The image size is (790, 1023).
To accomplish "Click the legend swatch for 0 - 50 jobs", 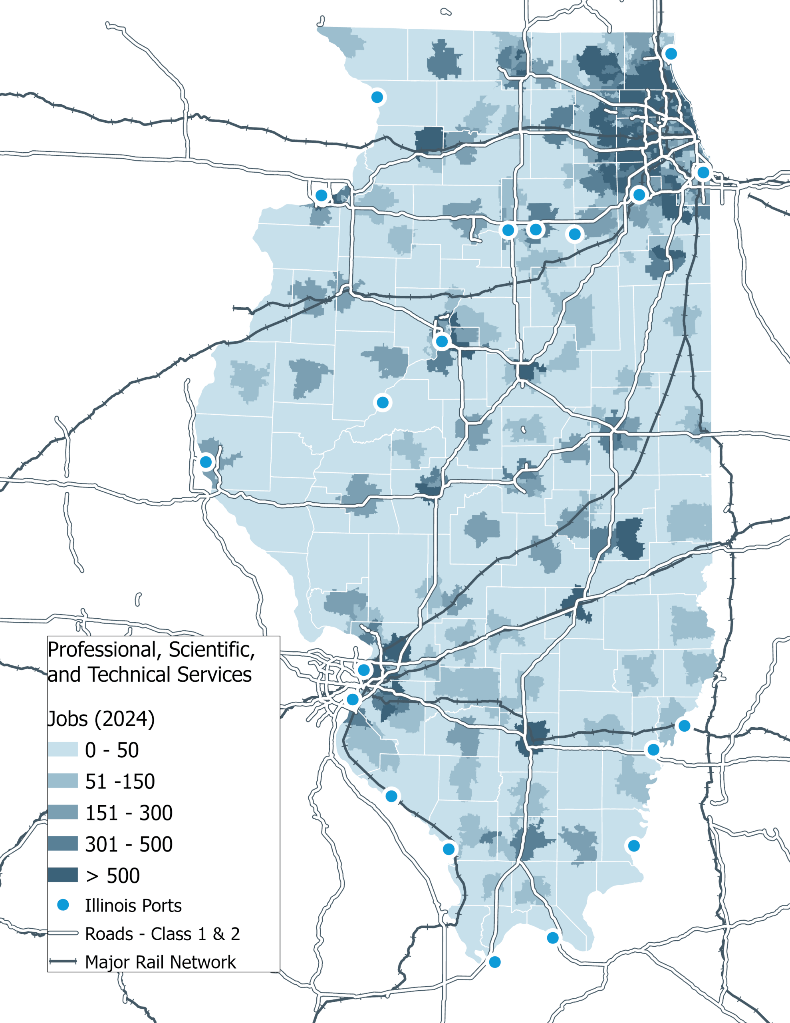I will [x=63, y=749].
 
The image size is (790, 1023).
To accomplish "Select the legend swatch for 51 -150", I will [x=63, y=781].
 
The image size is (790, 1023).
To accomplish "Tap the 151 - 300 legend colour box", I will [x=63, y=812].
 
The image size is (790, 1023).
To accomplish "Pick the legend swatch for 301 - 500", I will [x=63, y=844].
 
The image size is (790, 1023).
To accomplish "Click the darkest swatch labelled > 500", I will [x=63, y=875].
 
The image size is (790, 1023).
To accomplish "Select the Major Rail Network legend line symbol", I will [x=63, y=961].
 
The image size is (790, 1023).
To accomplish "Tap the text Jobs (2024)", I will [x=101, y=718].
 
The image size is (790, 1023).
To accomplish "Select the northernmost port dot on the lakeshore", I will [x=671, y=54].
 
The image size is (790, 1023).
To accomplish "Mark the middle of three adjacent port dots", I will [x=535, y=229].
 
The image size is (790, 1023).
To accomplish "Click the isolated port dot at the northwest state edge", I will [x=377, y=97].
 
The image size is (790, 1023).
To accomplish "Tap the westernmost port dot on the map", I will [x=206, y=462].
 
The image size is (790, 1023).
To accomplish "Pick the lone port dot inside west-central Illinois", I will [x=383, y=402].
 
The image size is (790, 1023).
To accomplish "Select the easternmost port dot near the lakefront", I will [x=703, y=172].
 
